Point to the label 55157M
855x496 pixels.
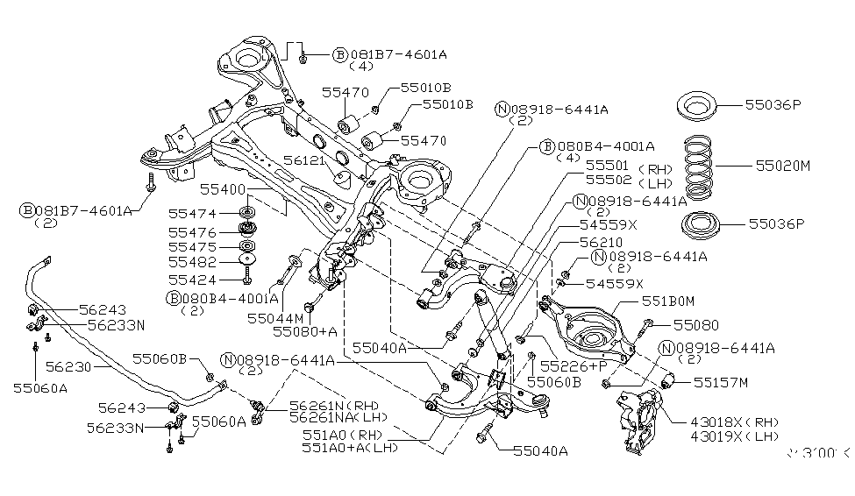(x=721, y=382)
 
